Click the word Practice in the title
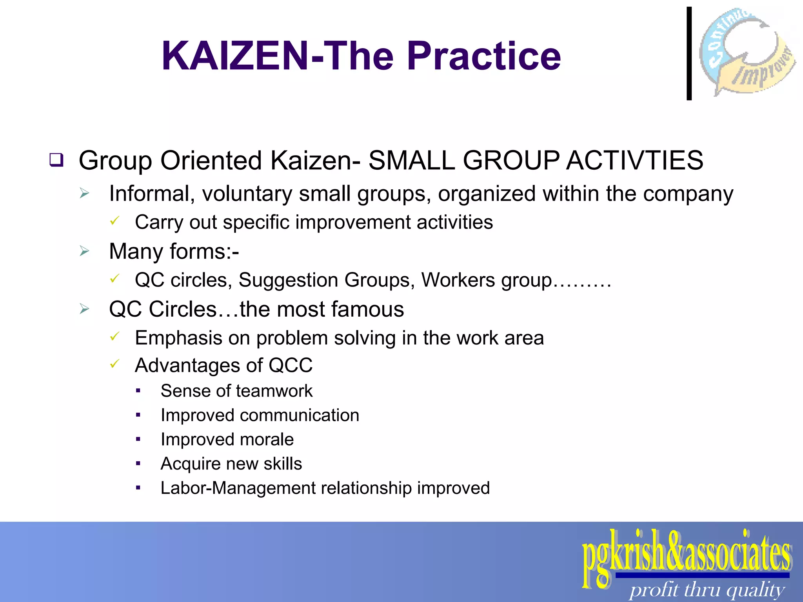tap(484, 56)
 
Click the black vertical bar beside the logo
tap(689, 54)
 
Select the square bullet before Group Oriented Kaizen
tap(56, 160)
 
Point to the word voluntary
tap(247, 194)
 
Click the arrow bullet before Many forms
tap(84, 251)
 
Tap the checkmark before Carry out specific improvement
tap(114, 221)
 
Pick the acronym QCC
tap(291, 365)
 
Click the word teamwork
tap(274, 391)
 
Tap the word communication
tap(299, 415)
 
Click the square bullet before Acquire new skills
tap(138, 464)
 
